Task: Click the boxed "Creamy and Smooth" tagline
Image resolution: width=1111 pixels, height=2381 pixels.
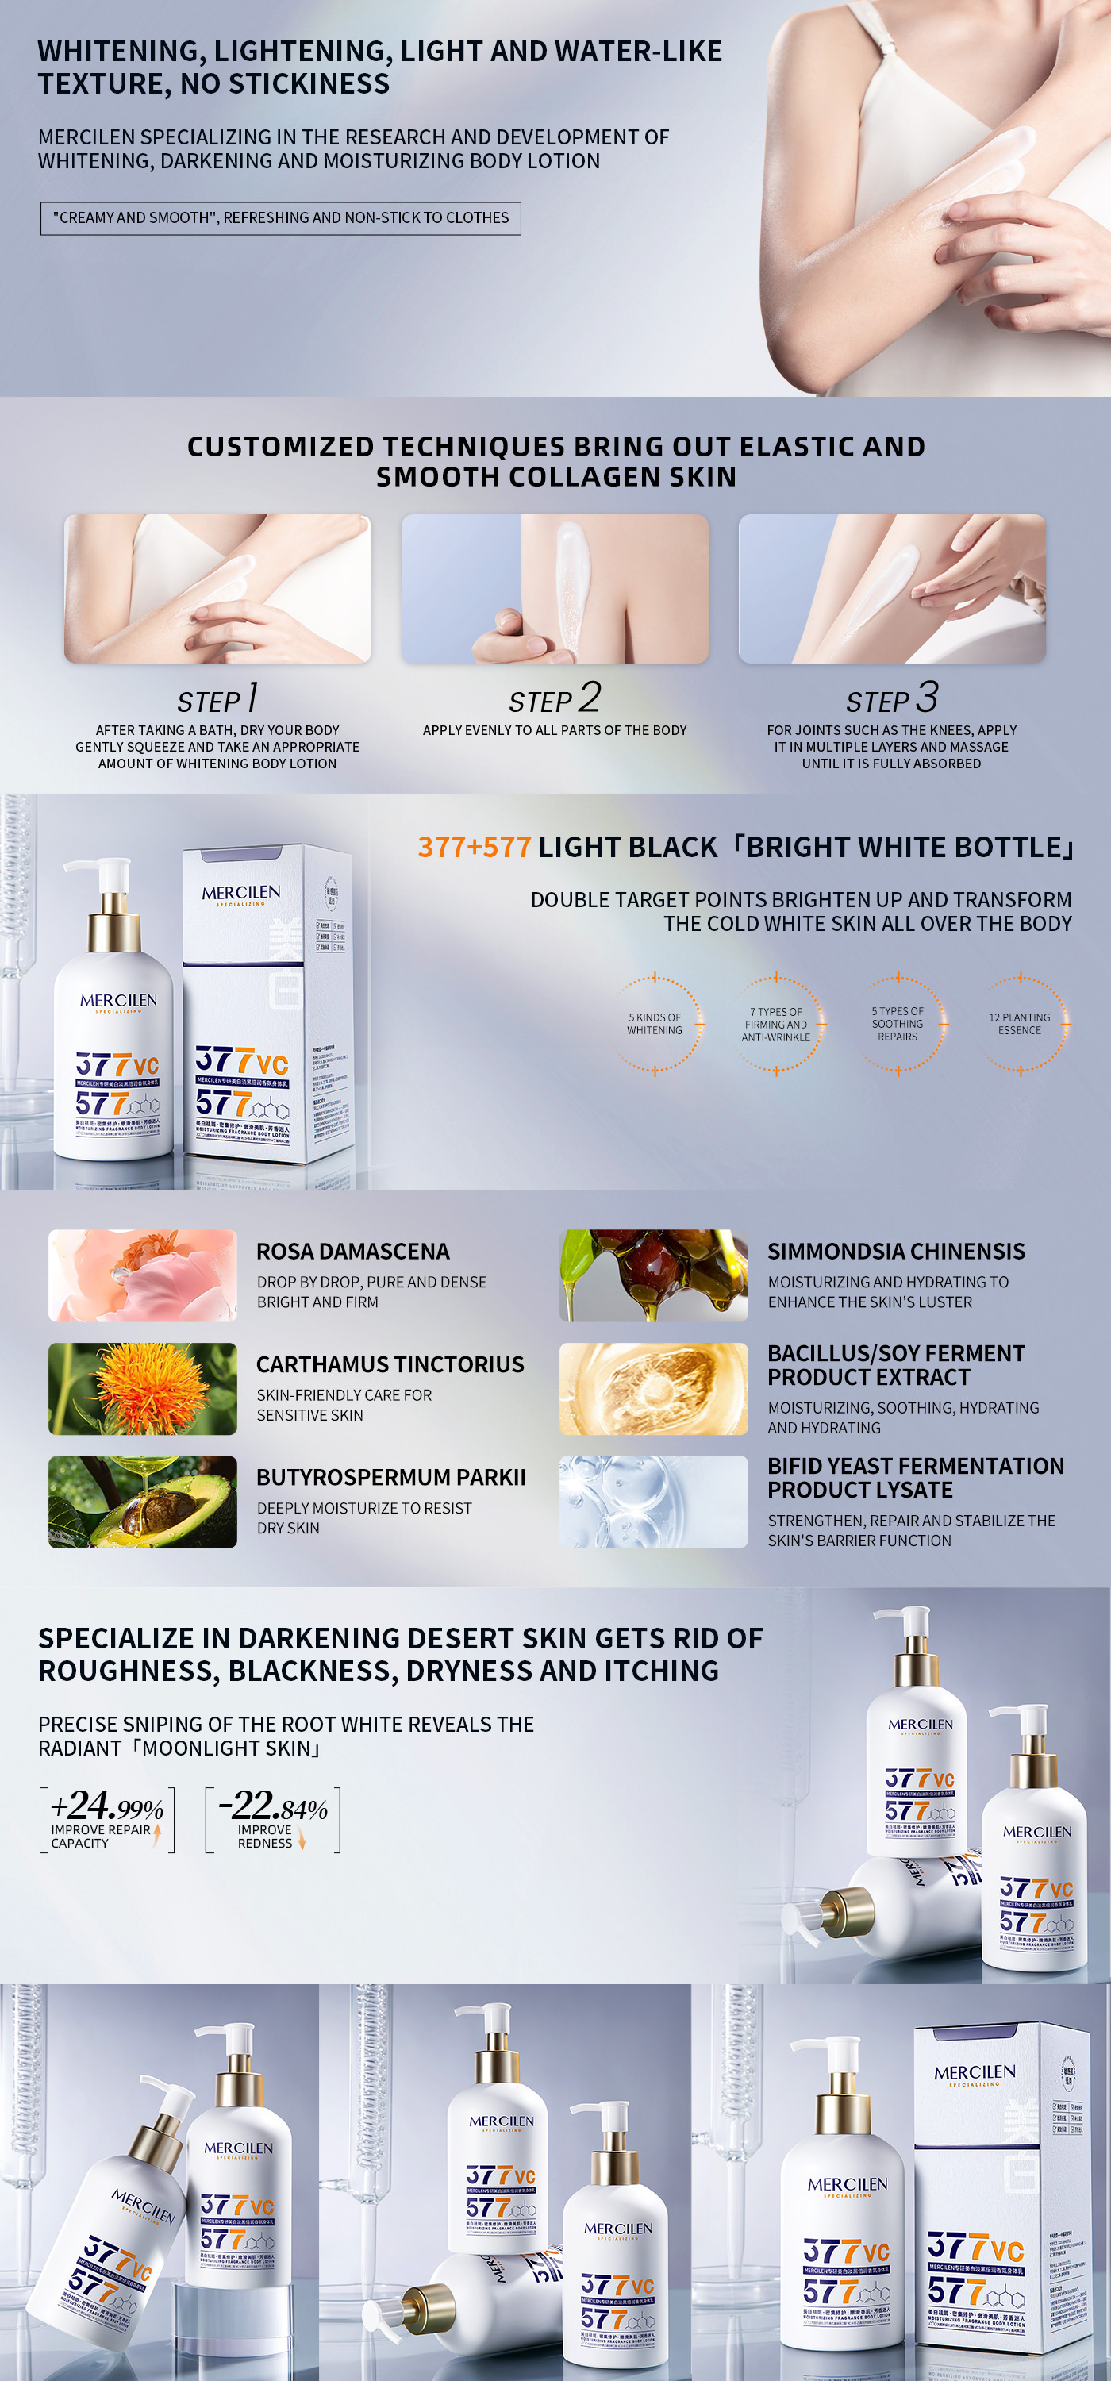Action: (x=280, y=218)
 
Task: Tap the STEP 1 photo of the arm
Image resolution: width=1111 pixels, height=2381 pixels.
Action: (x=217, y=589)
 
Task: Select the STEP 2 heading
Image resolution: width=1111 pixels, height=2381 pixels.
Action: (x=555, y=698)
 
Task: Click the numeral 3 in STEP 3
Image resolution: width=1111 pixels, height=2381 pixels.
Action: (x=926, y=696)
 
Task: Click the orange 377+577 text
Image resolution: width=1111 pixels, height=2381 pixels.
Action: (x=475, y=847)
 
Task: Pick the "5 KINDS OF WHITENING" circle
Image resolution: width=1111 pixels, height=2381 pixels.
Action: (x=655, y=1024)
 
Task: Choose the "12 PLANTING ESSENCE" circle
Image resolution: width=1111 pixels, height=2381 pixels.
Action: (x=1020, y=1024)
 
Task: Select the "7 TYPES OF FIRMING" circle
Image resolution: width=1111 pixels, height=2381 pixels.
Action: (x=776, y=1024)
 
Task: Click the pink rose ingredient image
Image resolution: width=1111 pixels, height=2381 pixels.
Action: (x=142, y=1275)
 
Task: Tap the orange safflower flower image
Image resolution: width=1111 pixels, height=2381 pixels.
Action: (x=142, y=1388)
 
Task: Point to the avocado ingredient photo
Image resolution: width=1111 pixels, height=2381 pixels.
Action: (x=142, y=1502)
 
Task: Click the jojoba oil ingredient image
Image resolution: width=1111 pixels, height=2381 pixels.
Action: (x=653, y=1275)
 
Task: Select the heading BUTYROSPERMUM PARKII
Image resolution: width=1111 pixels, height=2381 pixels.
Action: (x=390, y=1477)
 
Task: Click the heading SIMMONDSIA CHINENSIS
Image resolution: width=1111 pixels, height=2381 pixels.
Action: (x=896, y=1252)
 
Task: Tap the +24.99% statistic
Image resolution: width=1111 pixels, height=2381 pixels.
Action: (x=107, y=1805)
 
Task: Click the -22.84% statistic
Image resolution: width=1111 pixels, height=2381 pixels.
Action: (x=274, y=1805)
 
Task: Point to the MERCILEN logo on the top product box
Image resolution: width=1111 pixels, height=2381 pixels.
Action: (x=241, y=893)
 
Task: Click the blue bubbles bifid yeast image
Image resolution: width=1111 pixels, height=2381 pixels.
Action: (x=653, y=1502)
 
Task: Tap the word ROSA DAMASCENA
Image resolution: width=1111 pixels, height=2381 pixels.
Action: (x=352, y=1252)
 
